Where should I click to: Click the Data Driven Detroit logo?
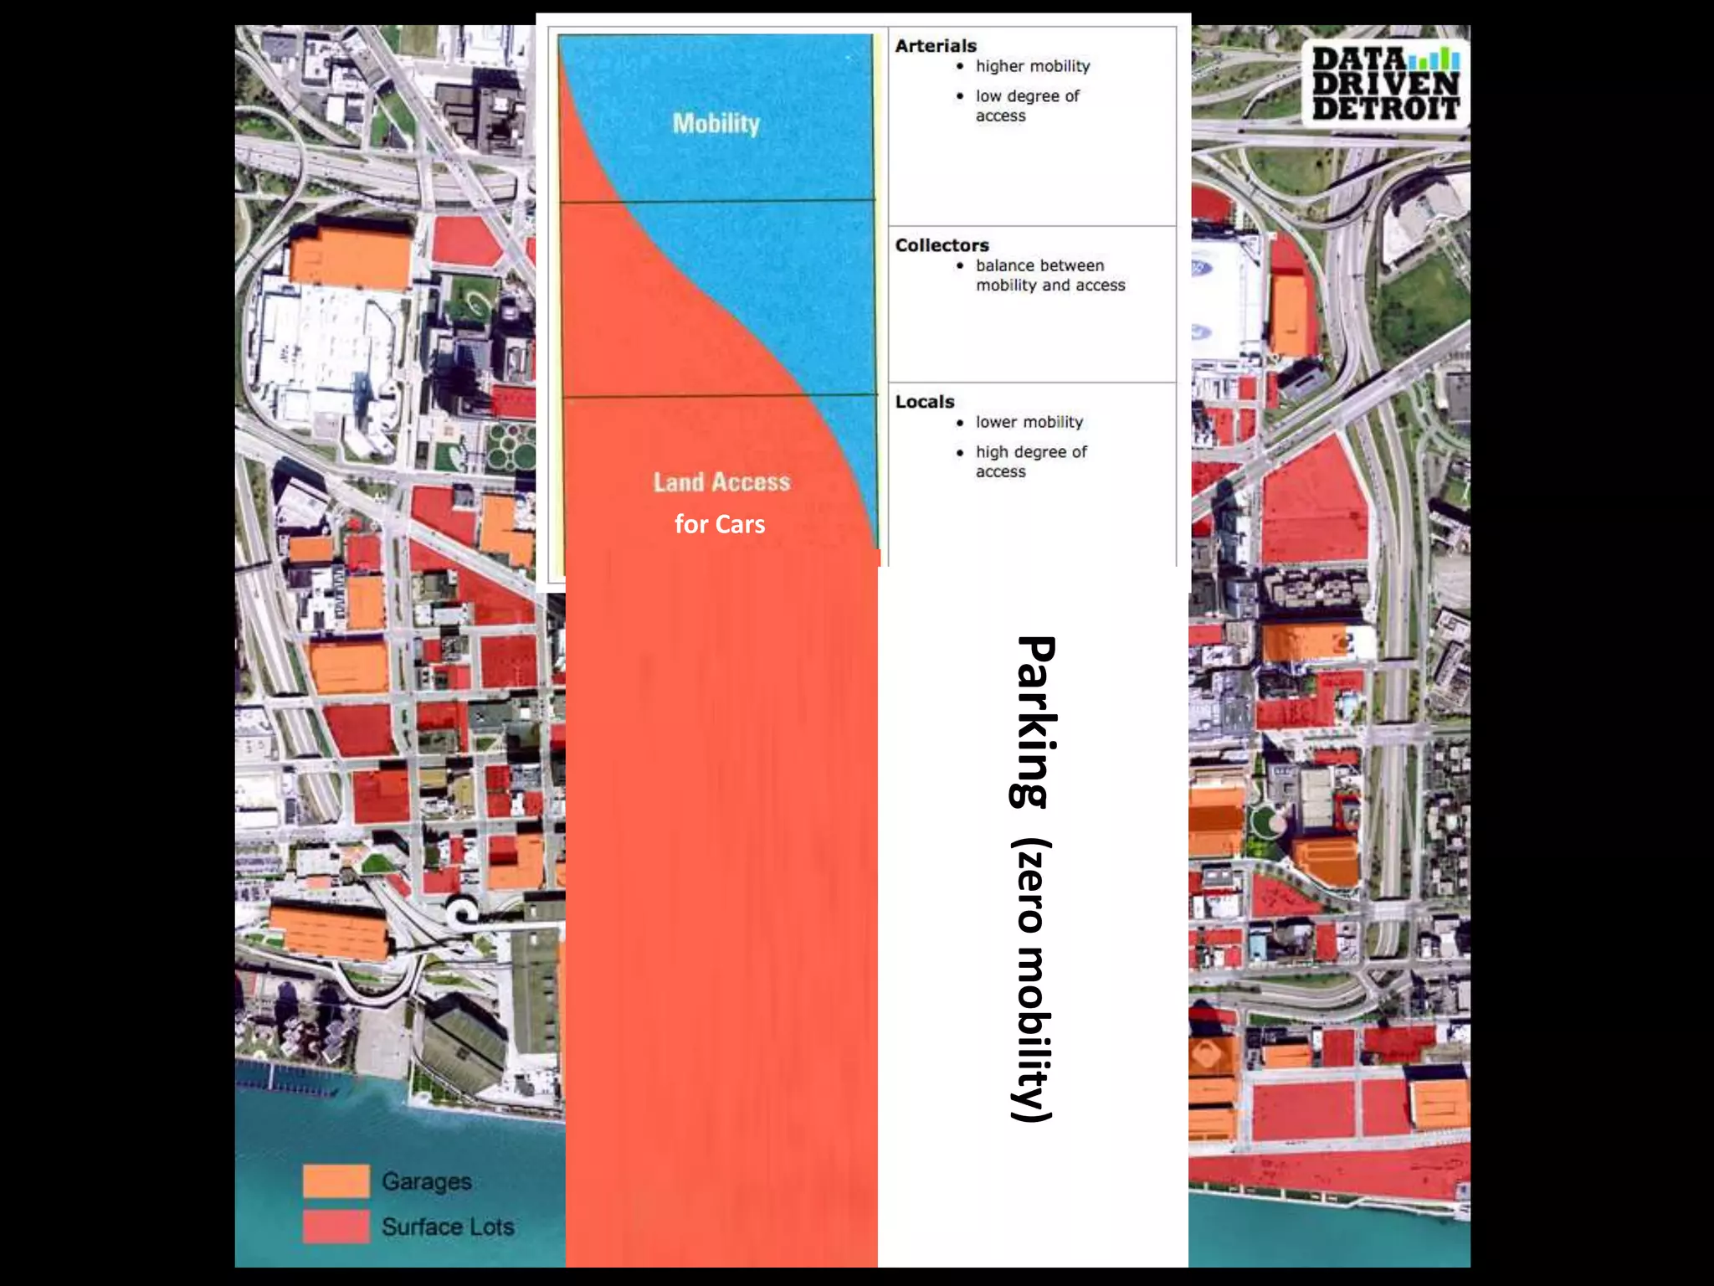point(1385,84)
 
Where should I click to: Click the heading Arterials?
point(936,46)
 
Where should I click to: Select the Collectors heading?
point(942,245)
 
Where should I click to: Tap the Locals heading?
point(925,402)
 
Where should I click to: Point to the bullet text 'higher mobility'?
point(1033,66)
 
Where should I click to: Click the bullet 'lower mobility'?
point(1029,422)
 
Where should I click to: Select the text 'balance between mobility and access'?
point(1049,275)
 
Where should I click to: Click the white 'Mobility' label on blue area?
point(716,124)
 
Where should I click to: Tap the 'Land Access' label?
point(721,482)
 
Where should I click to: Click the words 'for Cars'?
point(720,524)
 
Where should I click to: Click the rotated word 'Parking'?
point(1034,722)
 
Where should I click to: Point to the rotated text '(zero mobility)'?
point(1033,980)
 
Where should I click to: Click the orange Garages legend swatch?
point(336,1181)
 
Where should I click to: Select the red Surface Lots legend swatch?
point(336,1227)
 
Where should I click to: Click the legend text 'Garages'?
point(426,1181)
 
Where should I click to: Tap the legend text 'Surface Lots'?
point(448,1227)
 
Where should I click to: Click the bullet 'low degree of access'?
point(1027,106)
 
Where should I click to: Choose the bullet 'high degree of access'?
point(1030,461)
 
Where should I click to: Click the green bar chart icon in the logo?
point(1434,59)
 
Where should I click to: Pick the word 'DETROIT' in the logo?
point(1385,108)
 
